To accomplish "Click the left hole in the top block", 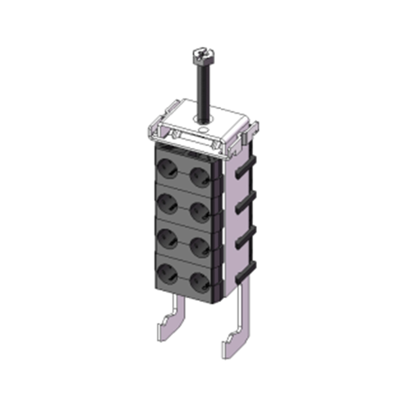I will [167, 168].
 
